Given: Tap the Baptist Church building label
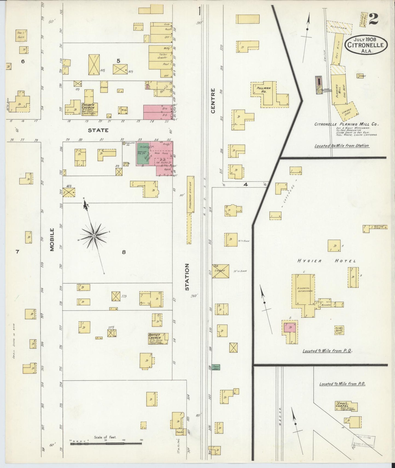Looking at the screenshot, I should pos(154,336).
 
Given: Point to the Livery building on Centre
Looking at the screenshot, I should pos(220,271).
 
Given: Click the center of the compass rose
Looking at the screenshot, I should pos(94,236).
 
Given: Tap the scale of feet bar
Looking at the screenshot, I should pos(106,444).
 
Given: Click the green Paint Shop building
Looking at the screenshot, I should pos(216,367).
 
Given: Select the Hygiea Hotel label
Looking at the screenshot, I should pos(326,261).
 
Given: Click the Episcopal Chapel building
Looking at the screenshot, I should pos(346,406).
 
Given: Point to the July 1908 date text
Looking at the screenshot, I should pos(365,39).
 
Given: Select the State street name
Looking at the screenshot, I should pos(98,131).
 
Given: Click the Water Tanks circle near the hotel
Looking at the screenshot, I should pos(339,330).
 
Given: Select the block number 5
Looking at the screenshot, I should pos(118,61).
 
